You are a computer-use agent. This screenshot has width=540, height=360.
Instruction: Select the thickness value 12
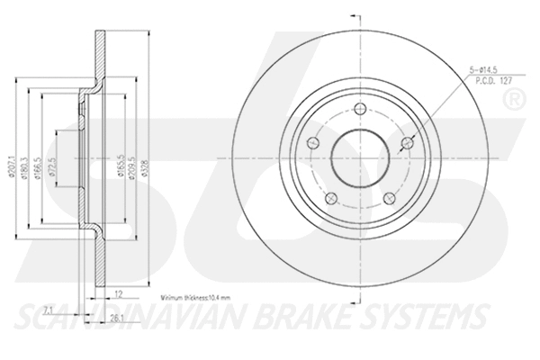pyautogui.click(x=118, y=292)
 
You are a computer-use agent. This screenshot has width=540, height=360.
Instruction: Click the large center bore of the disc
pyautogui.click(x=357, y=154)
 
